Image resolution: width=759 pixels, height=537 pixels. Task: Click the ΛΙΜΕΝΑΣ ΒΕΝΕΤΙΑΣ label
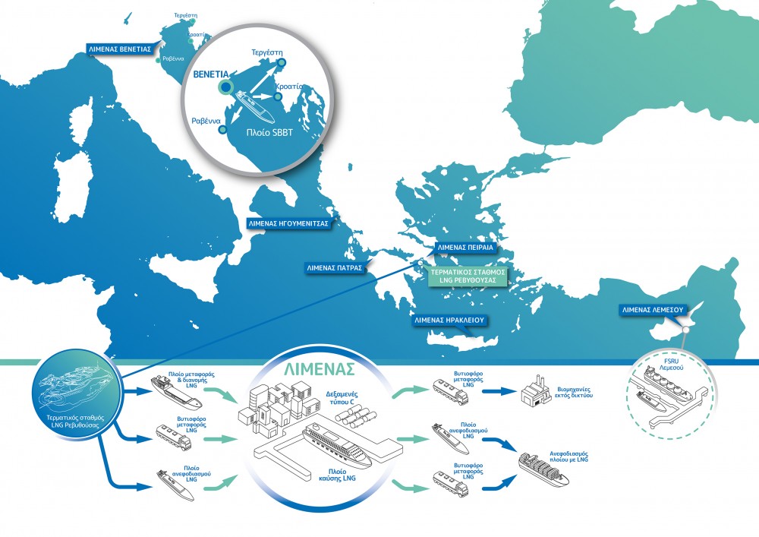coord(120,46)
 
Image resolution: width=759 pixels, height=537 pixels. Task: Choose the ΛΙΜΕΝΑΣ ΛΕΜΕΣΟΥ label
coord(653,310)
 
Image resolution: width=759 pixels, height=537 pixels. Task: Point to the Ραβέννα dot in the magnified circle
coord(222,129)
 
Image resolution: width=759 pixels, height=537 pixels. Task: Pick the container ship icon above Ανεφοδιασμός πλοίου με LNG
coord(543,466)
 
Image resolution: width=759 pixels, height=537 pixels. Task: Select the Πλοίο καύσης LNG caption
coord(339,474)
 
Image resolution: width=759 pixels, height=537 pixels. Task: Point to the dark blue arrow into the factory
coord(497,392)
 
